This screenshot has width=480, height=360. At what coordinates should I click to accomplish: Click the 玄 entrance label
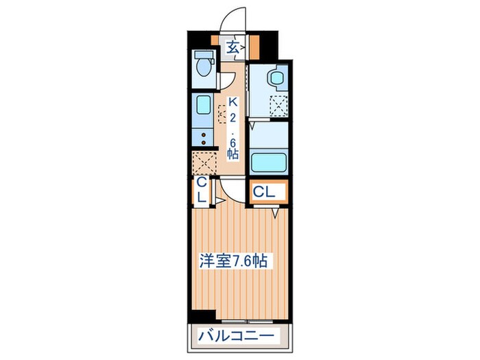(234, 47)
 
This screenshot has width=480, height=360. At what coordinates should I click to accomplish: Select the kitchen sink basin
(203, 105)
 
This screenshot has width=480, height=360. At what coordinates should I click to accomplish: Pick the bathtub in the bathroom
(269, 162)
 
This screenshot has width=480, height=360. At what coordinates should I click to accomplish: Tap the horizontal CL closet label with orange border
(265, 193)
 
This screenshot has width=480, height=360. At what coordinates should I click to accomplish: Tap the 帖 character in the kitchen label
(233, 154)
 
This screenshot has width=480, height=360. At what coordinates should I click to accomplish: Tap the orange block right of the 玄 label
(254, 48)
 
